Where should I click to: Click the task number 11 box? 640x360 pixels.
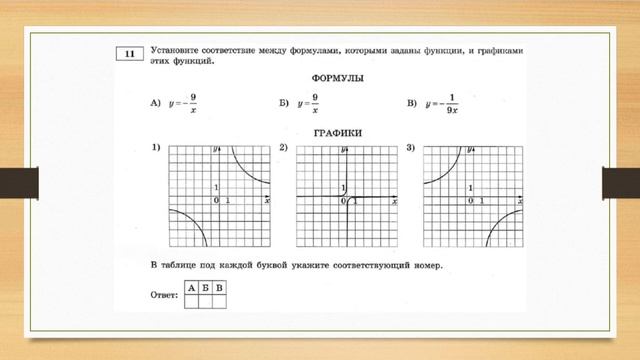(x=130, y=52)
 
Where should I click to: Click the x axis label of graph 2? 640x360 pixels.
(x=394, y=201)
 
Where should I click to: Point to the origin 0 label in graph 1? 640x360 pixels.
(x=215, y=201)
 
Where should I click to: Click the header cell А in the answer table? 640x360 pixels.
(x=191, y=289)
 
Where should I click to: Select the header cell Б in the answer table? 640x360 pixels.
(x=205, y=289)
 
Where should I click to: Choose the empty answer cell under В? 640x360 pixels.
(x=219, y=301)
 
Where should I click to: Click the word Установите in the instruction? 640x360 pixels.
(x=179, y=48)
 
